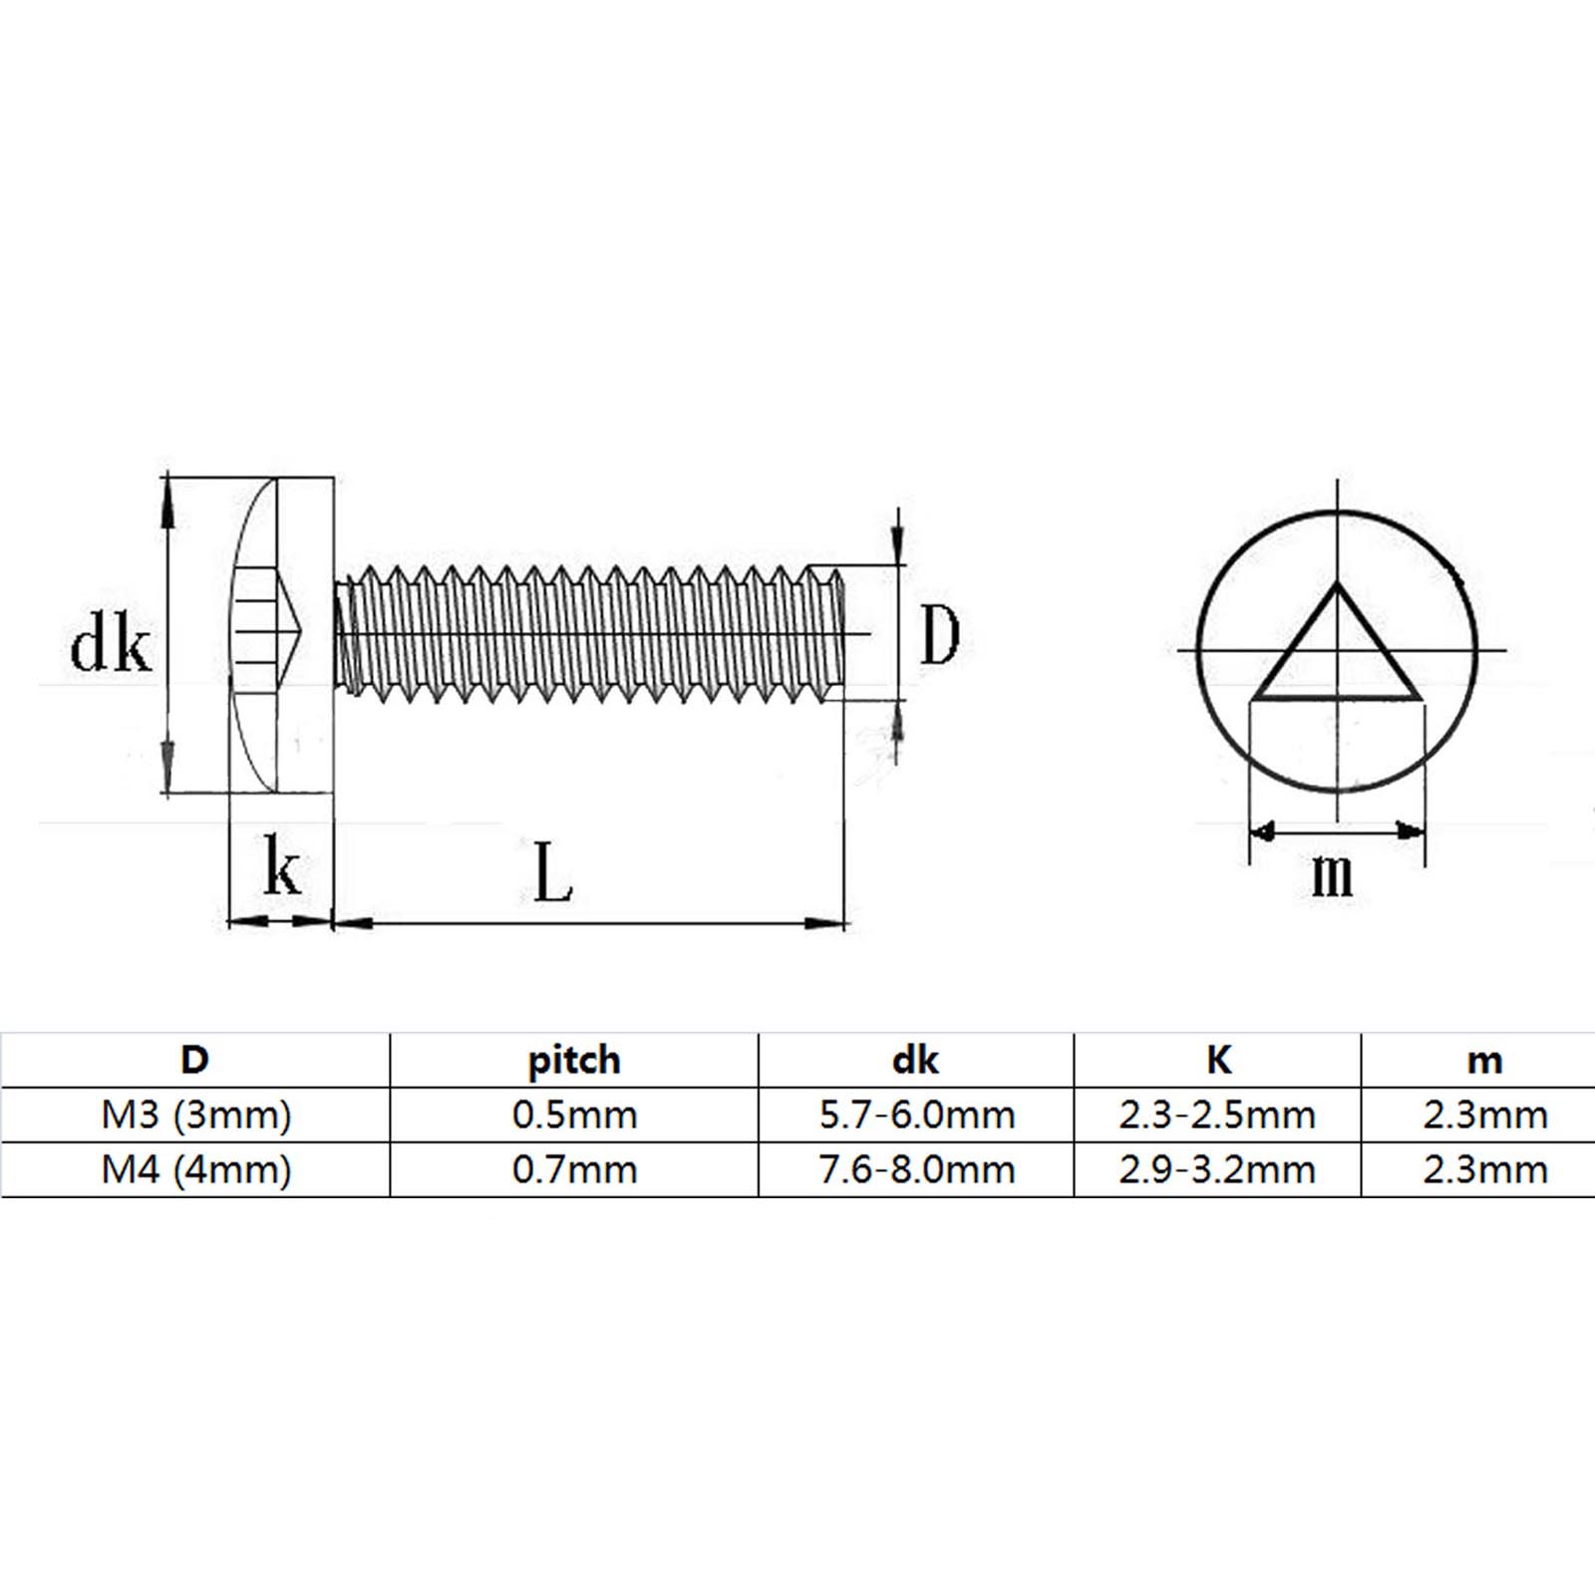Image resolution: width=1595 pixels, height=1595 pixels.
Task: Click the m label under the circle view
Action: tap(1333, 874)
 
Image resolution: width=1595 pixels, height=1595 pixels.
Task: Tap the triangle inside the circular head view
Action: tap(1336, 653)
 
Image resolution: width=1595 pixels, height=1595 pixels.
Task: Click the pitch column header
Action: tap(573, 1060)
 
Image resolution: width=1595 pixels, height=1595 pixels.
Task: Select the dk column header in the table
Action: tap(915, 1060)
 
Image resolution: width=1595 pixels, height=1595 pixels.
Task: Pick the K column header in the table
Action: tap(1218, 1059)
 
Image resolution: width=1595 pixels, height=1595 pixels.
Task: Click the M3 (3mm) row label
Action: tap(195, 1115)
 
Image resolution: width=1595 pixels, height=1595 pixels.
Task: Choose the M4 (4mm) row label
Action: tap(195, 1168)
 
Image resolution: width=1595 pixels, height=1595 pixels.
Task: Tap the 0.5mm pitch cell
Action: tap(574, 1115)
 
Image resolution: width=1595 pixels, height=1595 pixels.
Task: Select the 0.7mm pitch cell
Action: tap(574, 1168)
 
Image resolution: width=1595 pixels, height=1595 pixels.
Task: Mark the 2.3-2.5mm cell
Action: tap(1217, 1115)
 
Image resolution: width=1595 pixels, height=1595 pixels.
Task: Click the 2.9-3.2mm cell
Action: tap(1217, 1168)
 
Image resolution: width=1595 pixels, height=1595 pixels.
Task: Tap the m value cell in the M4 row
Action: tap(1485, 1168)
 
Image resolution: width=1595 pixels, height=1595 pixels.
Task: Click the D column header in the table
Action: tap(194, 1059)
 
